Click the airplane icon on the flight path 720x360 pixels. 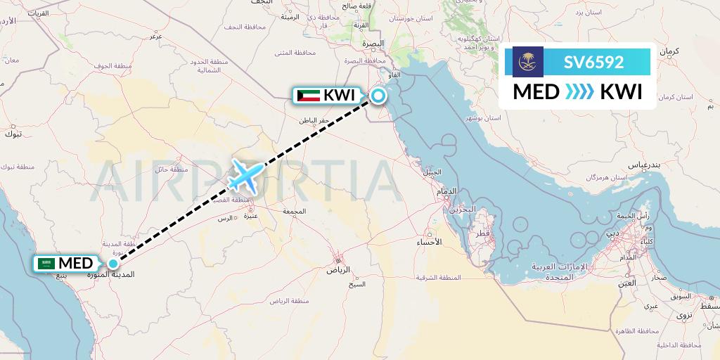coord(245,175)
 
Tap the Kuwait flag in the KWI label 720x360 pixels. coord(309,96)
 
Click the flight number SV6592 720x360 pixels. coord(593,62)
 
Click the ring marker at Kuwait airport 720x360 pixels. coord(378,96)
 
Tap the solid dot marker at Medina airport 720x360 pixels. coord(112,264)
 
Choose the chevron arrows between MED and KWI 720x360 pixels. coord(579,92)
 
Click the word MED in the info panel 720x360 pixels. coord(536,92)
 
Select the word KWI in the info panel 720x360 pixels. coord(621,92)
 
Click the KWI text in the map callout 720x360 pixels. coord(339,96)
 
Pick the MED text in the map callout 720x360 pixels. coord(75,264)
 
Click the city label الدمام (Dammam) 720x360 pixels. coord(447,191)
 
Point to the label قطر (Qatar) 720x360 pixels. coord(482,233)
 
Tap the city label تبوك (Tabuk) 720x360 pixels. coord(13,133)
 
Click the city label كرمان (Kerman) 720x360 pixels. coord(671,51)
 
